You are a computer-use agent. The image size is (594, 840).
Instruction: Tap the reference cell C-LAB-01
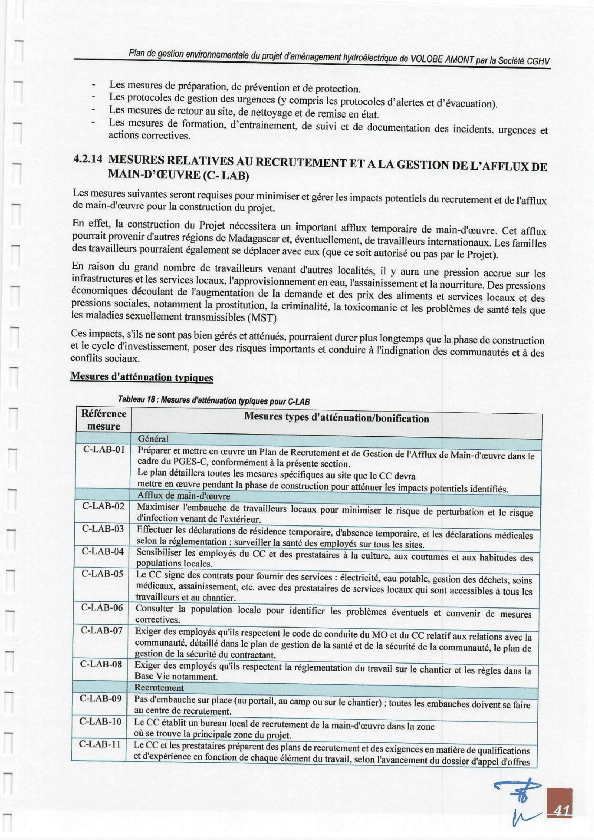point(104,449)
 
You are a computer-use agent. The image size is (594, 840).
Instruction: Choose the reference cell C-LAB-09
point(101,698)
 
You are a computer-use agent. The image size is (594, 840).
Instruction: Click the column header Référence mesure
point(104,419)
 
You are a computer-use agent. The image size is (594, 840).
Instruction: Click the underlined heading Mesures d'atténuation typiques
point(142,377)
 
